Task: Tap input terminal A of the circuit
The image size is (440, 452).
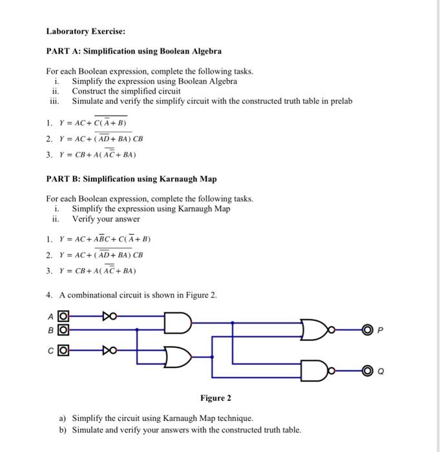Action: pyautogui.click(x=63, y=316)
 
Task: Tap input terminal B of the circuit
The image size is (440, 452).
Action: pyautogui.click(x=63, y=329)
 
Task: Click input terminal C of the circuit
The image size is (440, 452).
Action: pyautogui.click(x=63, y=351)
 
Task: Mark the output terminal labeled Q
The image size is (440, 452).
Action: pyautogui.click(x=367, y=371)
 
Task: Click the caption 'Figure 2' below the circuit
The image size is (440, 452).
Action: pyautogui.click(x=215, y=398)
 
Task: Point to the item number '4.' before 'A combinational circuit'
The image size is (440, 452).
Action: pyautogui.click(x=50, y=295)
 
